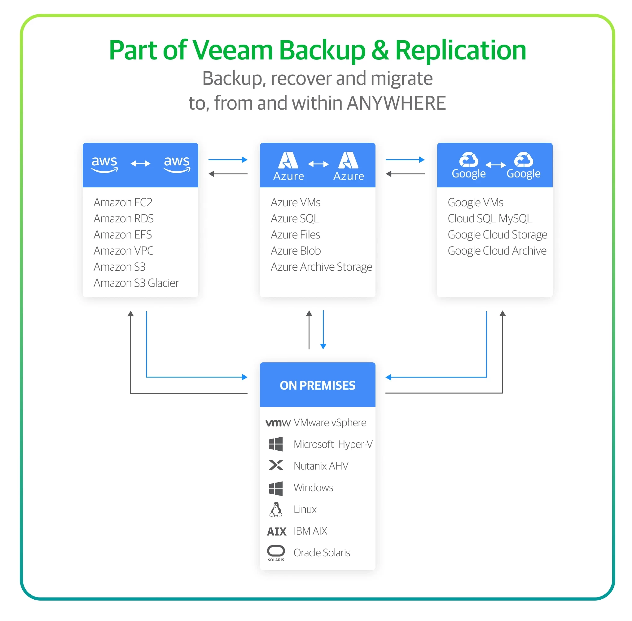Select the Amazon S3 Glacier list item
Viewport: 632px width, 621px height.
[136, 282]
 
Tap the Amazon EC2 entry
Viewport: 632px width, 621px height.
[123, 202]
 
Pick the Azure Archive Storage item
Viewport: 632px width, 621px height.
[321, 266]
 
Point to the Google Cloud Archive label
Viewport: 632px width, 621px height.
[496, 251]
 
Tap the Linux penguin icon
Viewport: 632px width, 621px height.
[276, 509]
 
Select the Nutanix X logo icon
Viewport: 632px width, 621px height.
[276, 465]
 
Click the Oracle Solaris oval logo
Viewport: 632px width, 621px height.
[276, 551]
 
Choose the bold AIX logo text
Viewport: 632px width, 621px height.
[276, 531]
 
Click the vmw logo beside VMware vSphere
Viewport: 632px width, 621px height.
[277, 423]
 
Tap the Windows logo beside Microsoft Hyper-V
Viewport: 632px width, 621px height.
[276, 444]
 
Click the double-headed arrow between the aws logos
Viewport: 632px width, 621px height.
[140, 163]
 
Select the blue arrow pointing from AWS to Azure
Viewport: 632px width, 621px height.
[227, 160]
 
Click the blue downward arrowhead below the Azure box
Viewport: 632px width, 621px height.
[323, 346]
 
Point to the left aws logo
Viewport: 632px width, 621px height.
[104, 163]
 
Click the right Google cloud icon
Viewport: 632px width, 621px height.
[523, 160]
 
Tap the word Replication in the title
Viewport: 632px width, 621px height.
[460, 50]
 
